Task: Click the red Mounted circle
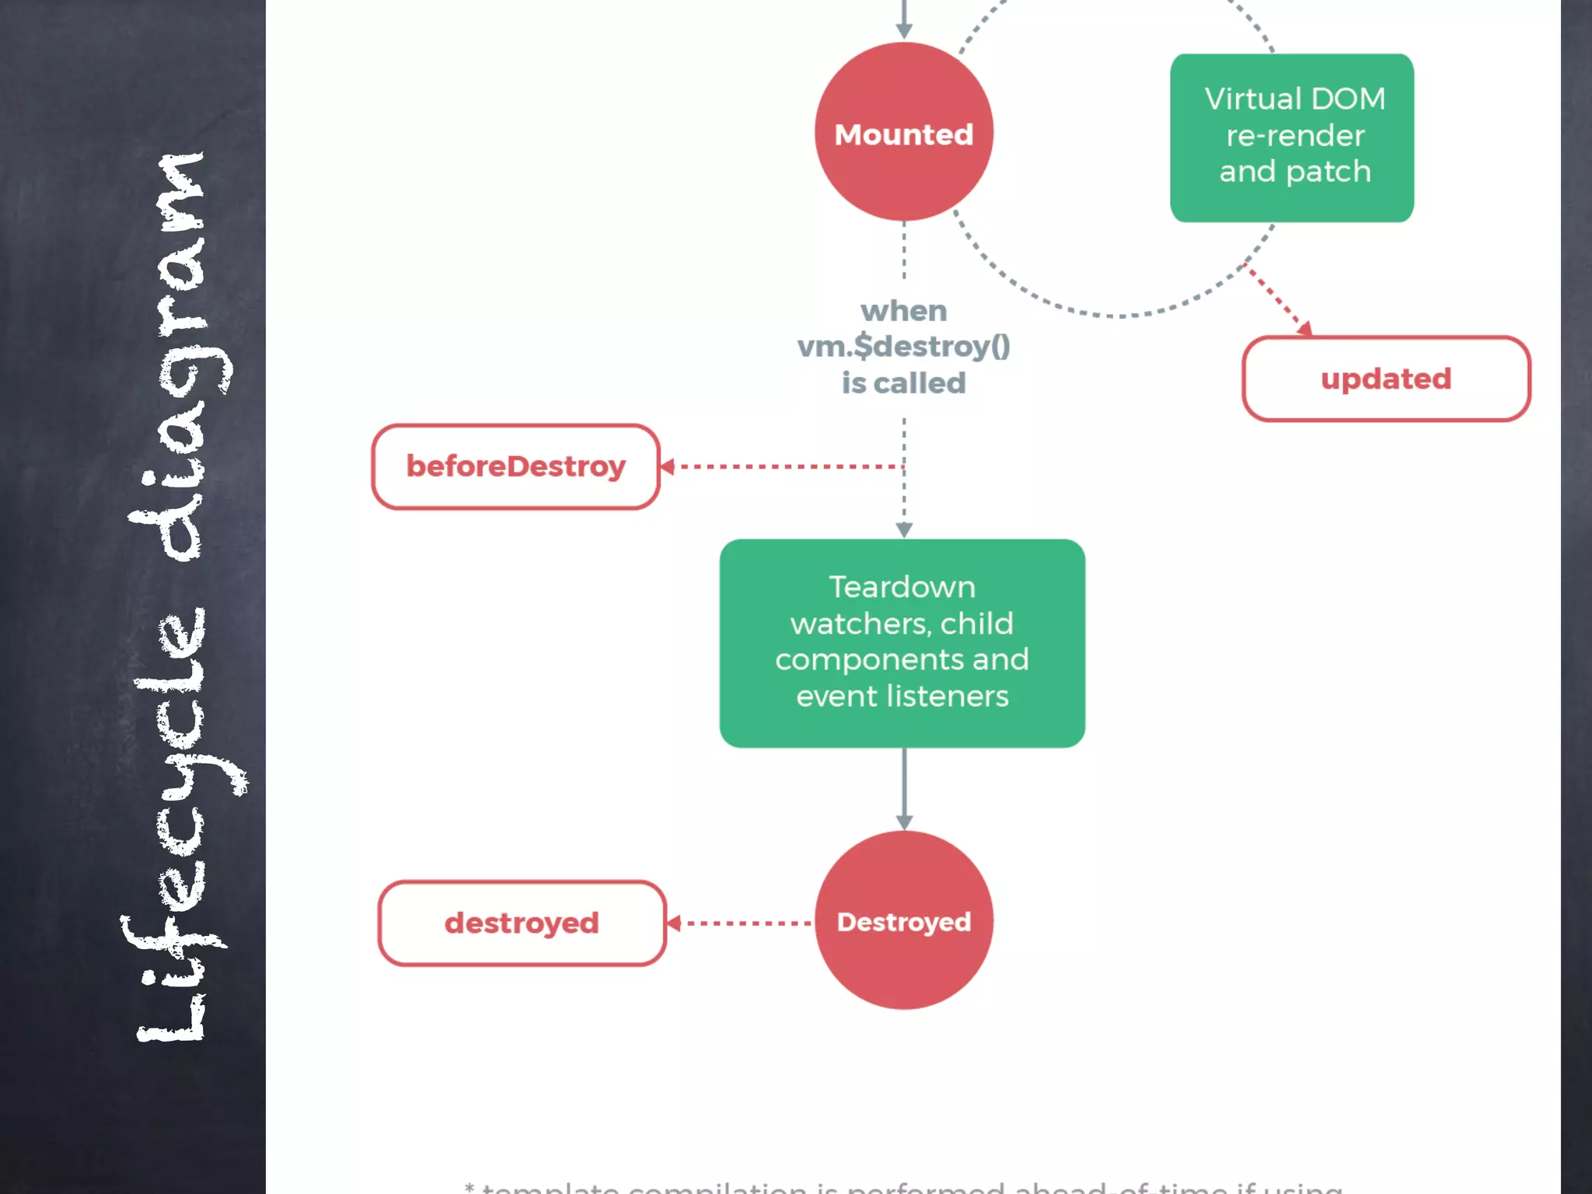[x=903, y=132]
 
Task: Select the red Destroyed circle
[x=903, y=920]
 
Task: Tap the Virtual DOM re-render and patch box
[x=1291, y=138]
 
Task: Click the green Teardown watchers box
[x=902, y=643]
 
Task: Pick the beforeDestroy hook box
[x=515, y=466]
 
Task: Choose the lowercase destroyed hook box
[x=522, y=923]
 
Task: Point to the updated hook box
[x=1386, y=379]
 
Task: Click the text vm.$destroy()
[x=903, y=347]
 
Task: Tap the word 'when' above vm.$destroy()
[x=903, y=311]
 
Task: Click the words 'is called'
[x=903, y=383]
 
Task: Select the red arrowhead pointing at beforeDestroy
[x=667, y=466]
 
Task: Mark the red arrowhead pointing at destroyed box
[x=674, y=923]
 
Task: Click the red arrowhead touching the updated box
[x=1304, y=328]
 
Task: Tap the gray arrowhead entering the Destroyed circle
[x=903, y=822]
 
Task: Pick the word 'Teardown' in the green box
[x=902, y=587]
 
